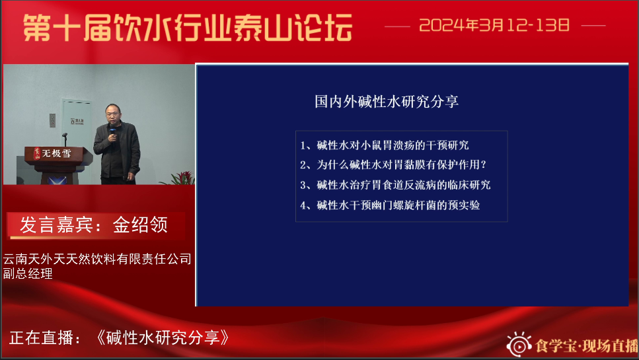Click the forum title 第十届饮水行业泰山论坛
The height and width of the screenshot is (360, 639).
[x=188, y=28]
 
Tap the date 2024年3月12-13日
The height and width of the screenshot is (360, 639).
[x=494, y=25]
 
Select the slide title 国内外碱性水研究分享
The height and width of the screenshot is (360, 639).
[x=387, y=102]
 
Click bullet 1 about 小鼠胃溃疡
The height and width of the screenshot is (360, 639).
[x=385, y=145]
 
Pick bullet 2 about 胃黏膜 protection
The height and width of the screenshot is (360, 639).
[x=393, y=164]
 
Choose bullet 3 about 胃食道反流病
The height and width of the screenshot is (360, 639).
[x=395, y=185]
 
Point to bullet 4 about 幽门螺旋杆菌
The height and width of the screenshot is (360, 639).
[x=390, y=205]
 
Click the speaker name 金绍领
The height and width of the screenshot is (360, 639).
[x=140, y=225]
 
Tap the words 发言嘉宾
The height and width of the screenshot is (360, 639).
[x=56, y=225]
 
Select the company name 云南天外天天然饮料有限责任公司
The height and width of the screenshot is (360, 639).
[x=97, y=259]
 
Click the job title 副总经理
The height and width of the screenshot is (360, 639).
[x=28, y=273]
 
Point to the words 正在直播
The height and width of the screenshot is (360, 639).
[x=41, y=338]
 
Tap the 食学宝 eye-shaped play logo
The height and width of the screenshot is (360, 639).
[x=519, y=345]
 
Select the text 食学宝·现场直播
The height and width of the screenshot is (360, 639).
[x=587, y=345]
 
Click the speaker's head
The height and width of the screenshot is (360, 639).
[x=113, y=114]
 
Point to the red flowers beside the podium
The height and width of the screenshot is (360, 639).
[x=178, y=178]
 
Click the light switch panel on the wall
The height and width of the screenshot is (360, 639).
[x=52, y=120]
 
